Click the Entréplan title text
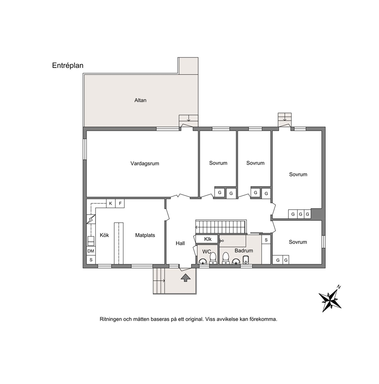[x=68, y=66]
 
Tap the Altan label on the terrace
[x=140, y=100]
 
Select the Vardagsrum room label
[x=145, y=163]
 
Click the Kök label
[x=104, y=235]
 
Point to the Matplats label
[x=145, y=235]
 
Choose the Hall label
[x=180, y=243]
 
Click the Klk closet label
[x=207, y=239]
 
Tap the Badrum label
[x=244, y=250]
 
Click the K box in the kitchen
[x=110, y=203]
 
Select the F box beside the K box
[x=120, y=203]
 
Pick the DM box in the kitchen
[x=91, y=251]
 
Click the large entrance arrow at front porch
[x=186, y=278]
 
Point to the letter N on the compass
[x=339, y=287]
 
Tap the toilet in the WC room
[x=213, y=258]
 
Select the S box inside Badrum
[x=266, y=240]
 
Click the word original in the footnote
[x=194, y=319]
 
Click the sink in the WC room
[x=203, y=261]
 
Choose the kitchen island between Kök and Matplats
[x=119, y=243]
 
